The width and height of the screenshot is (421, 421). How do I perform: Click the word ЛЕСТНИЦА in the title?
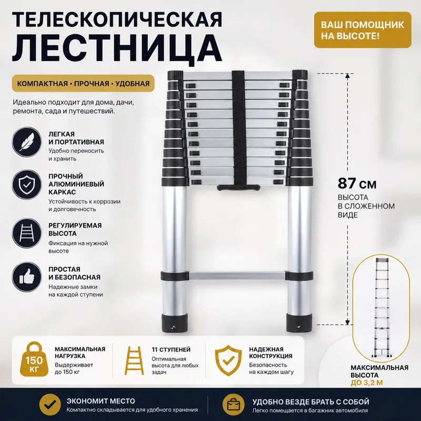pyautogui.click(x=117, y=51)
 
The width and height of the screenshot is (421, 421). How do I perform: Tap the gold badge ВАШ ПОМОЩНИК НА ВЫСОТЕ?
pyautogui.click(x=363, y=30)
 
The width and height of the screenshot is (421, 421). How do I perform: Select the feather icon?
pyautogui.click(x=27, y=142)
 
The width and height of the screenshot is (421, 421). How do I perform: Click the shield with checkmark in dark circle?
pyautogui.click(x=27, y=185)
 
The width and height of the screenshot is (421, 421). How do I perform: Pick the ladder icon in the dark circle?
pyautogui.click(x=27, y=233)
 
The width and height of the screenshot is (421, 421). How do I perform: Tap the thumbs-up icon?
pyautogui.click(x=27, y=277)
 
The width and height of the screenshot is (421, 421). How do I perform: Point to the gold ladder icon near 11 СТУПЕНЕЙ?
pyautogui.click(x=134, y=360)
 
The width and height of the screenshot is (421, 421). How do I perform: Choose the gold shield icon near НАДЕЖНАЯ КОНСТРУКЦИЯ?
pyautogui.click(x=228, y=360)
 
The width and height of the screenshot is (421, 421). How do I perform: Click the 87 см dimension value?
pyautogui.click(x=357, y=184)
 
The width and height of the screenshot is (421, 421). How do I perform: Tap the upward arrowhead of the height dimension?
pyautogui.click(x=347, y=76)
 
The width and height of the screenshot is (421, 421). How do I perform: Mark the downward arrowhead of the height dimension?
pyautogui.click(x=347, y=322)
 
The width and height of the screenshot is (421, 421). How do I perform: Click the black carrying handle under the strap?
pyautogui.click(x=238, y=187)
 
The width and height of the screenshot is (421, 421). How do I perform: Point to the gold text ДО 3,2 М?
pyautogui.click(x=367, y=383)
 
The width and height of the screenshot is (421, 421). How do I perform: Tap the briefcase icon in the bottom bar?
pyautogui.click(x=233, y=404)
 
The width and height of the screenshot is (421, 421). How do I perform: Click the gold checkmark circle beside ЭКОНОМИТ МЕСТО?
pyautogui.click(x=50, y=404)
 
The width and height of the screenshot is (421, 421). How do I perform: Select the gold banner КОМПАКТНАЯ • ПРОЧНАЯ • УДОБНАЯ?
pyautogui.click(x=83, y=83)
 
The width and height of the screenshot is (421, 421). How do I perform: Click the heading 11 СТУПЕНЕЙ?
pyautogui.click(x=171, y=349)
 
